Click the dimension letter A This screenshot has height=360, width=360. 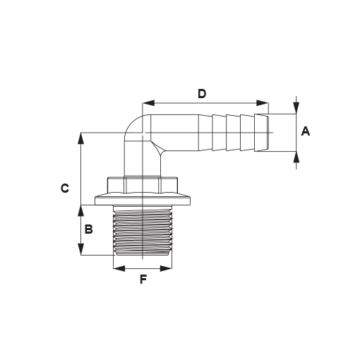click(306, 131)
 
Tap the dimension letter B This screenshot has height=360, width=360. click(88, 229)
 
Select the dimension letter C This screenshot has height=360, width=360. click(65, 188)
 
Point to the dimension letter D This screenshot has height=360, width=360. click(202, 94)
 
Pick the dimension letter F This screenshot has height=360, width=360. click(143, 280)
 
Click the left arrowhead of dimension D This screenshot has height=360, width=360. click(149, 103)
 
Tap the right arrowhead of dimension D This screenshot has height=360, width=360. click(263, 103)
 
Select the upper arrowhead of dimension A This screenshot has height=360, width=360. click(296, 108)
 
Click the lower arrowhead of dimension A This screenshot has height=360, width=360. click(296, 157)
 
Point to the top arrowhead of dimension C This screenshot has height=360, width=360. click(80, 138)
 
